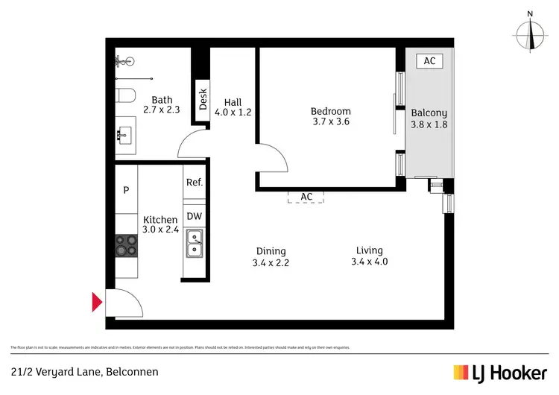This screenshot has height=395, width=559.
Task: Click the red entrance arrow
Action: pyautogui.click(x=96, y=302)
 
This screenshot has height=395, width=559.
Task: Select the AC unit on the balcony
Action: pyautogui.click(x=429, y=61)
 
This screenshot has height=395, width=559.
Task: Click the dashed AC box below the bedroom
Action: pyautogui.click(x=306, y=197)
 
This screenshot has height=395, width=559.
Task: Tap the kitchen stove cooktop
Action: pyautogui.click(x=126, y=246)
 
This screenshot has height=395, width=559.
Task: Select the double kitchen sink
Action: pyautogui.click(x=194, y=244)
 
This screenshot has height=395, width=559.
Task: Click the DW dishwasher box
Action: pyautogui.click(x=194, y=216)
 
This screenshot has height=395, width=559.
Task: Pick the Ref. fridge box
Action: pyautogui.click(x=194, y=182)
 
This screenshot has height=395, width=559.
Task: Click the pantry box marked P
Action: pyautogui.click(x=126, y=189)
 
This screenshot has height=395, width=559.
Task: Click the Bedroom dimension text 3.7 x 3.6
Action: pyautogui.click(x=330, y=122)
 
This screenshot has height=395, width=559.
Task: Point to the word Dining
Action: pyautogui.click(x=271, y=251)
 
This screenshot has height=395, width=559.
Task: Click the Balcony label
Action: pyautogui.click(x=429, y=113)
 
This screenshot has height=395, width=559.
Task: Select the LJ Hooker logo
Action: pyautogui.click(x=500, y=372)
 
